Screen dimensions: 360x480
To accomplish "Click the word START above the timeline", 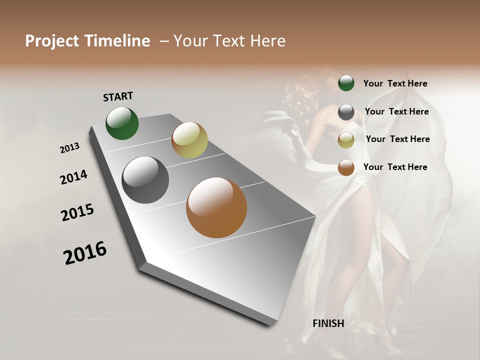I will pyautogui.click(x=118, y=96).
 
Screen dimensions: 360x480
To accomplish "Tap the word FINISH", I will pyautogui.click(x=328, y=323).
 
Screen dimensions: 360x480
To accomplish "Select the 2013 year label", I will pyautogui.click(x=70, y=148).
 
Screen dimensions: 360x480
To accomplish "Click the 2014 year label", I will pyautogui.click(x=74, y=177).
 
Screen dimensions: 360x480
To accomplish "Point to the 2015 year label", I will pyautogui.click(x=77, y=212).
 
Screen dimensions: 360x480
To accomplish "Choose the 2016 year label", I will pyautogui.click(x=85, y=252).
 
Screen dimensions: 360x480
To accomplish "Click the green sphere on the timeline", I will pyautogui.click(x=122, y=123).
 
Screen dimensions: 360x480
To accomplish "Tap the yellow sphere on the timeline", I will pyautogui.click(x=189, y=140).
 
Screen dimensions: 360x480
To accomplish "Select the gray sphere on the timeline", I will pyautogui.click(x=145, y=180).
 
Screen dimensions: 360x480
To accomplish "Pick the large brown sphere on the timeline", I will pyautogui.click(x=216, y=207).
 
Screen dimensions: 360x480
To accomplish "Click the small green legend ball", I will pyautogui.click(x=346, y=83).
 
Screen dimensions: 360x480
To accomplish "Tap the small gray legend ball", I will pyautogui.click(x=346, y=112).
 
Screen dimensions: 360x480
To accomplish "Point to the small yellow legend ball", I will pyautogui.click(x=346, y=140).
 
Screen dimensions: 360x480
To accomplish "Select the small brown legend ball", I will pyautogui.click(x=346, y=167).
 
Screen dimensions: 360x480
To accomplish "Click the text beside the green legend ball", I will pyautogui.click(x=395, y=84).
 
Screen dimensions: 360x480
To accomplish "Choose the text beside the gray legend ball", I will pyautogui.click(x=396, y=111).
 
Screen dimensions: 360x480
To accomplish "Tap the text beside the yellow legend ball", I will pyautogui.click(x=397, y=139).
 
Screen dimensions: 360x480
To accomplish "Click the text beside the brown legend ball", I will pyautogui.click(x=395, y=167).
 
